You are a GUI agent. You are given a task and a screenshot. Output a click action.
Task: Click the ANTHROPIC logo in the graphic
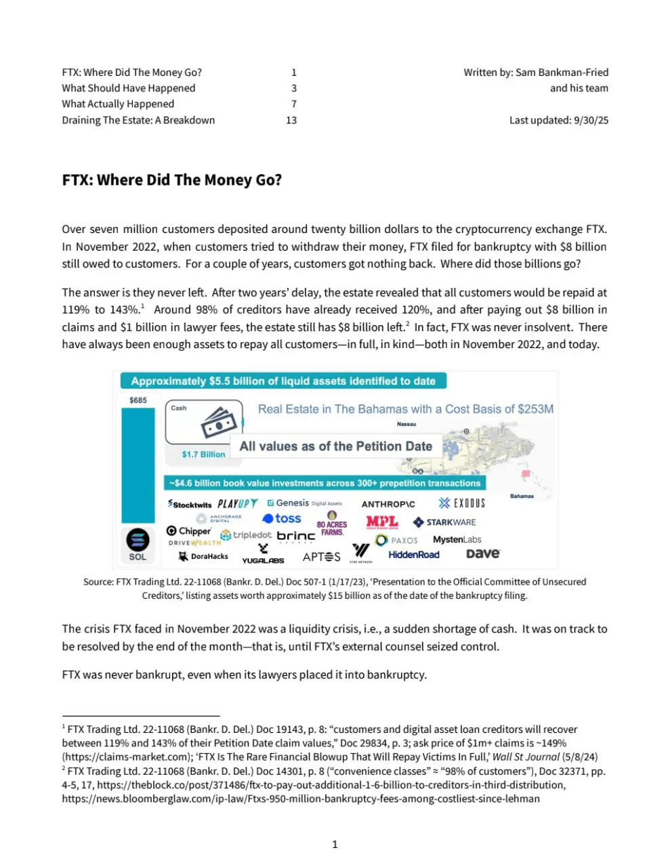pyautogui.click(x=388, y=504)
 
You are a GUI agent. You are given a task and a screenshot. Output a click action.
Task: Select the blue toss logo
pyautogui.click(x=282, y=519)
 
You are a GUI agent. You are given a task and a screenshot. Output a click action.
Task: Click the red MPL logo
pyautogui.click(x=381, y=522)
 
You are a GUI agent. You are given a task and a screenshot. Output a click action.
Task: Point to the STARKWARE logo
pyautogui.click(x=444, y=522)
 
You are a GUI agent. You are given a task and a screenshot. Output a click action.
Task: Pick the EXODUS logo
pyautogui.click(x=461, y=503)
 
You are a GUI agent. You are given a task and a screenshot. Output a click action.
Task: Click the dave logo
pyautogui.click(x=483, y=553)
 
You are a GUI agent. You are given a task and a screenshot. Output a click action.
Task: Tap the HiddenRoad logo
pyautogui.click(x=414, y=555)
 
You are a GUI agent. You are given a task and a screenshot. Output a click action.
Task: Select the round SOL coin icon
pyautogui.click(x=138, y=540)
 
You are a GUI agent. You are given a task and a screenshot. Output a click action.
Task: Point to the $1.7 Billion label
pyautogui.click(x=203, y=454)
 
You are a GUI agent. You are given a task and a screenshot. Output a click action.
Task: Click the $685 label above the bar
pyautogui.click(x=138, y=400)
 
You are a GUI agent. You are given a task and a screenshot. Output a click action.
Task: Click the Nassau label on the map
pyautogui.click(x=406, y=425)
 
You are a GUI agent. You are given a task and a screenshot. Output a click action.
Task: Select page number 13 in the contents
pyautogui.click(x=291, y=121)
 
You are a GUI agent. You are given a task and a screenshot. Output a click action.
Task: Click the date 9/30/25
pyautogui.click(x=591, y=121)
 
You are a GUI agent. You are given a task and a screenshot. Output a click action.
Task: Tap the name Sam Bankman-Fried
pyautogui.click(x=562, y=72)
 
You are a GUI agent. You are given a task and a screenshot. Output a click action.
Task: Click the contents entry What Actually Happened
pyautogui.click(x=118, y=104)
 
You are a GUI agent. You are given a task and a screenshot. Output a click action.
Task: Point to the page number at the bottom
pyautogui.click(x=335, y=844)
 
